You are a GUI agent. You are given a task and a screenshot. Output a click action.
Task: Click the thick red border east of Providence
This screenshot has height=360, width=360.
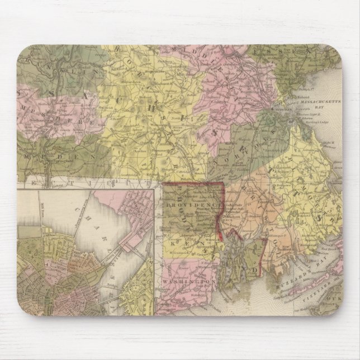tap(223, 212)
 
